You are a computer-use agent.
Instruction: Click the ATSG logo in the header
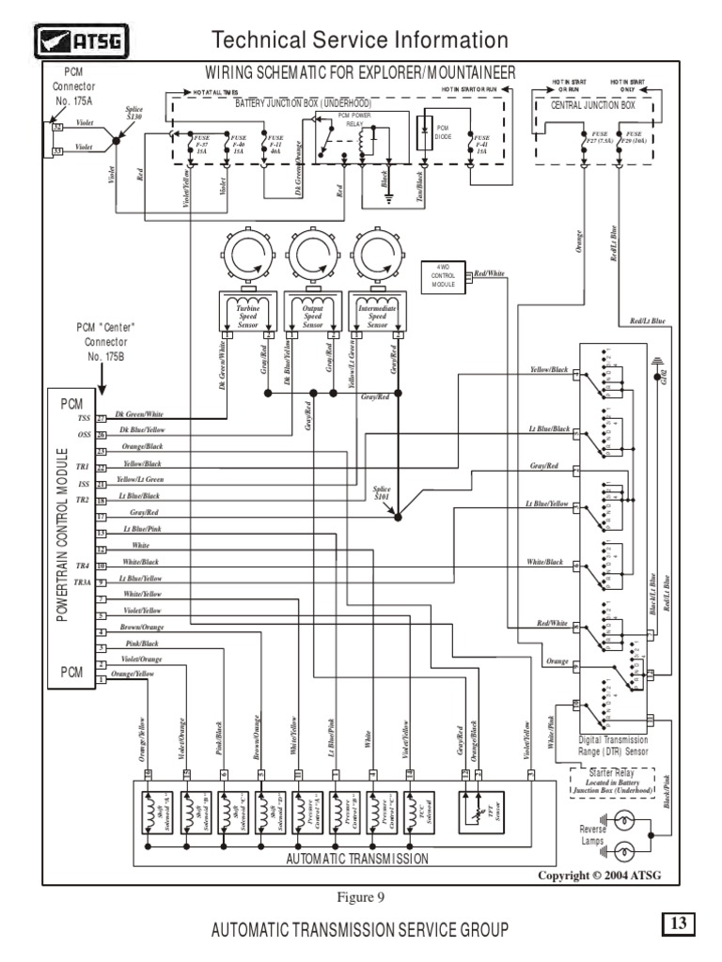83,39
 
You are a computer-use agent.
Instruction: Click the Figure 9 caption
361,896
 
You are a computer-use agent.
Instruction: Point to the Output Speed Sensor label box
312,313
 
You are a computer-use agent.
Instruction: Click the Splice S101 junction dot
399,517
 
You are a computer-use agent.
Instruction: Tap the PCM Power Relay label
355,120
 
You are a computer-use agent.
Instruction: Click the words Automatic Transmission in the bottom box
358,858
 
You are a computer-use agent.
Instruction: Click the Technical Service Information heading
360,39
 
